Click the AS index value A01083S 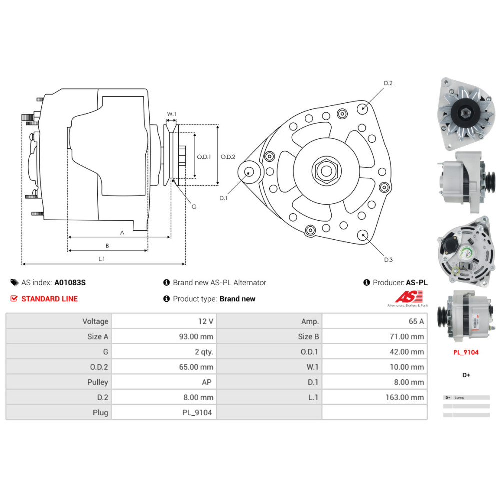coord(70,282)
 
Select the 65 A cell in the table coord(416,321)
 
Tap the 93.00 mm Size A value coord(196,336)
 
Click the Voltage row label coord(95,321)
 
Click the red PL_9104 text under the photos coord(466,352)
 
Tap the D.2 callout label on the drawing coord(388,83)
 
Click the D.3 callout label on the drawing coord(388,259)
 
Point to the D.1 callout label coord(223,198)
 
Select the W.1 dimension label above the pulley coord(171,114)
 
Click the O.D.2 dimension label coord(228,157)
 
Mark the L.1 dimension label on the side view coord(102,259)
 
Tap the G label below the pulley coord(194,206)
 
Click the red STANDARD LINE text coord(49,299)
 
